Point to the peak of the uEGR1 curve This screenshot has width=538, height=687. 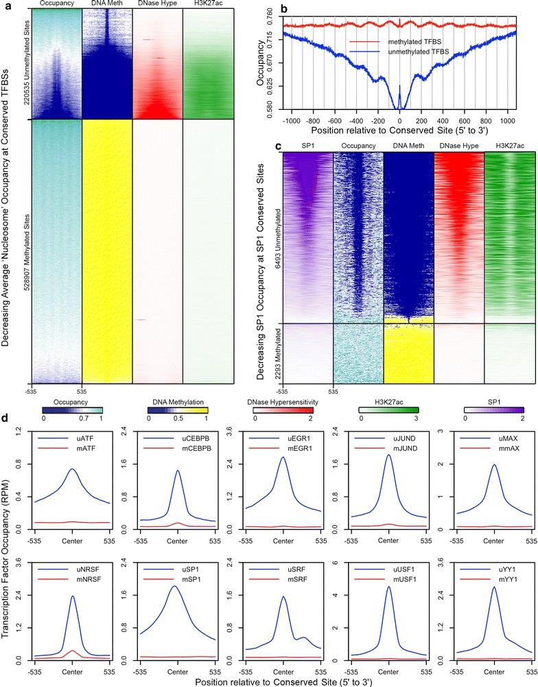pyautogui.click(x=283, y=458)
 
